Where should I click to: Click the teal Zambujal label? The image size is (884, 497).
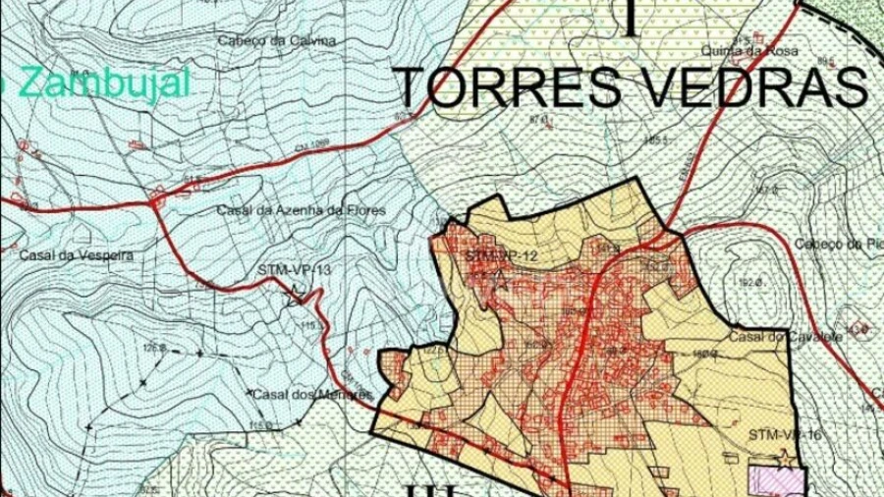click(98, 83)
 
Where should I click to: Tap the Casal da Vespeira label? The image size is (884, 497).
click(75, 255)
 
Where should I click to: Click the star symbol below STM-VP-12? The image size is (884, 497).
click(501, 281)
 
